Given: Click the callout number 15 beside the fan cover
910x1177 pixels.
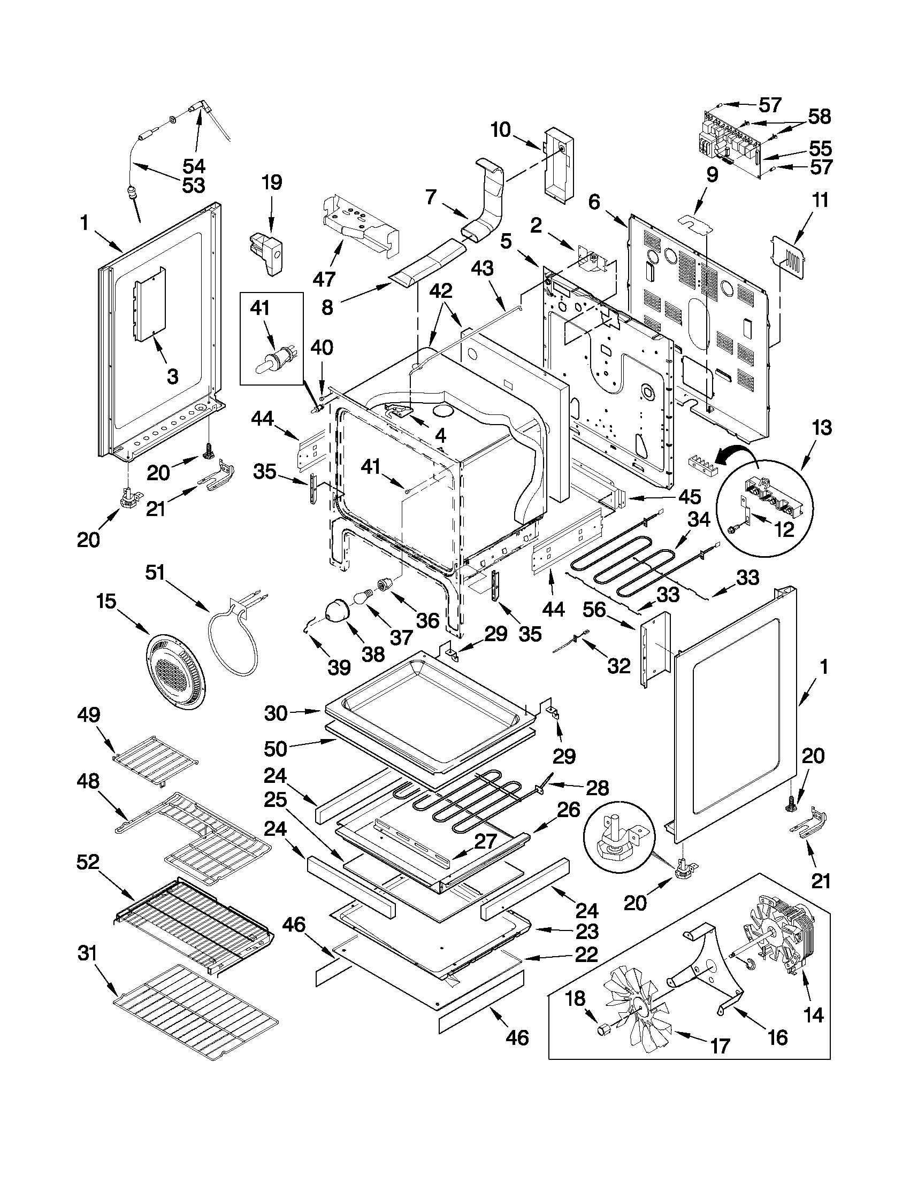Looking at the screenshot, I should coord(107,601).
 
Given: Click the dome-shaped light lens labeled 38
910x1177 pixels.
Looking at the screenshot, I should coord(339,613).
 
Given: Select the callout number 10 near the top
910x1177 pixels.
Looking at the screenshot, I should coord(501,130).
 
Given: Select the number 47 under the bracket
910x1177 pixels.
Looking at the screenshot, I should coord(324,279).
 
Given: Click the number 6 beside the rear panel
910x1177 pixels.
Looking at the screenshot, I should coord(593,202).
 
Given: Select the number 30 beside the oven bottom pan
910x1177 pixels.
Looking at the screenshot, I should coord(276,713).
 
